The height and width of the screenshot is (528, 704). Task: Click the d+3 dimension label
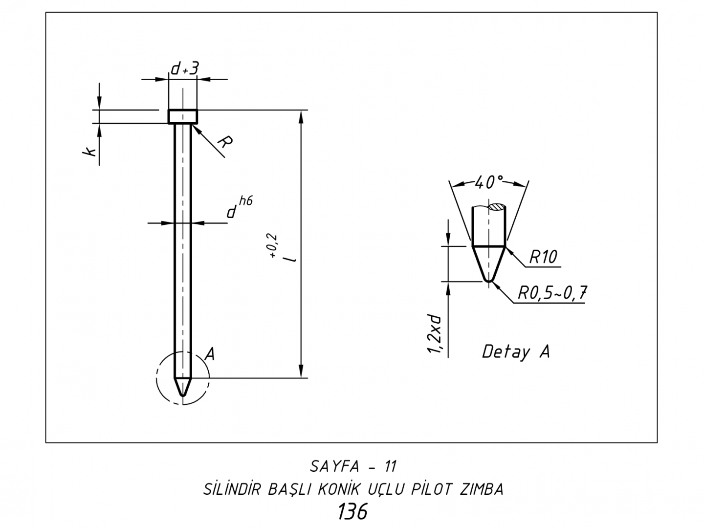tap(184, 69)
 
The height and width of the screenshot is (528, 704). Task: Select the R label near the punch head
tap(225, 142)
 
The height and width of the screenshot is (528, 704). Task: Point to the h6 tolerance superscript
tap(246, 201)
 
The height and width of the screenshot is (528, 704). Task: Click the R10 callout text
tap(543, 257)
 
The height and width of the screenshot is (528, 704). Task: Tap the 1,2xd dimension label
tap(434, 334)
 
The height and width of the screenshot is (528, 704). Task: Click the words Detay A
tap(516, 352)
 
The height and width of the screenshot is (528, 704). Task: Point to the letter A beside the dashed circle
tap(209, 353)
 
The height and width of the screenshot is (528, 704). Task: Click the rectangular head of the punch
tap(183, 117)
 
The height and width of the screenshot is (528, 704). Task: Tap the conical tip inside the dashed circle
tap(183, 386)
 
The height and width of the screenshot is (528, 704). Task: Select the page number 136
tap(352, 512)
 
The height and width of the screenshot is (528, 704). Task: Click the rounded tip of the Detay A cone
tap(488, 280)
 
